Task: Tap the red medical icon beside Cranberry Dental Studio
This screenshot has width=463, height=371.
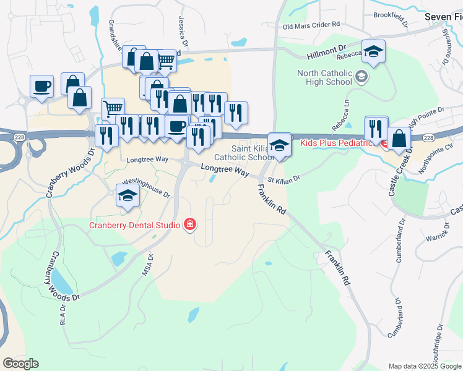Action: pos(190,224)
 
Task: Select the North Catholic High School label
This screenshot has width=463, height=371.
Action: pos(324,77)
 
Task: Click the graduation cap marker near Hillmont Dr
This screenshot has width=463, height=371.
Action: pos(373,52)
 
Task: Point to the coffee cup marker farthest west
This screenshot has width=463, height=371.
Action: pos(41,87)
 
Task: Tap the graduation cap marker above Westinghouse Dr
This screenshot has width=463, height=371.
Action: pos(128,195)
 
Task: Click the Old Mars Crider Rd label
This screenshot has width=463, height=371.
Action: pos(311,25)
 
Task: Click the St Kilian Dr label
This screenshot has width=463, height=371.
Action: pos(283,179)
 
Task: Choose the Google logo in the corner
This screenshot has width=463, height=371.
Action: pos(20,364)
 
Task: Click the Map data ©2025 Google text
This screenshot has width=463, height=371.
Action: pos(425,366)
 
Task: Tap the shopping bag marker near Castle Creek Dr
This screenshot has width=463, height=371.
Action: pos(399,139)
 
